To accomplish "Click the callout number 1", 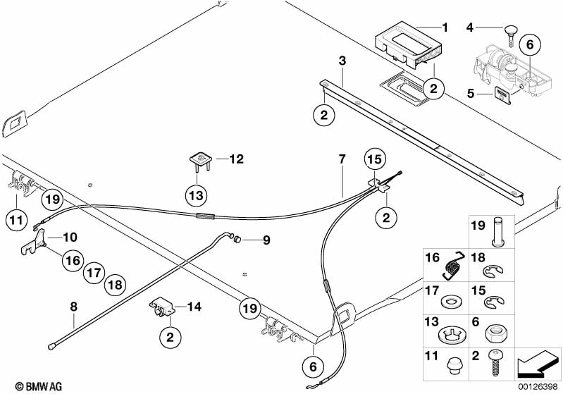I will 445,28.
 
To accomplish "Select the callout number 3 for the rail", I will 342,62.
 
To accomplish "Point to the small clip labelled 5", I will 502,92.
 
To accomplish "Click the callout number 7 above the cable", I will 342,159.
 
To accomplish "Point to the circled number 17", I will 95,272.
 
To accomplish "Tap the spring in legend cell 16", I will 451,264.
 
